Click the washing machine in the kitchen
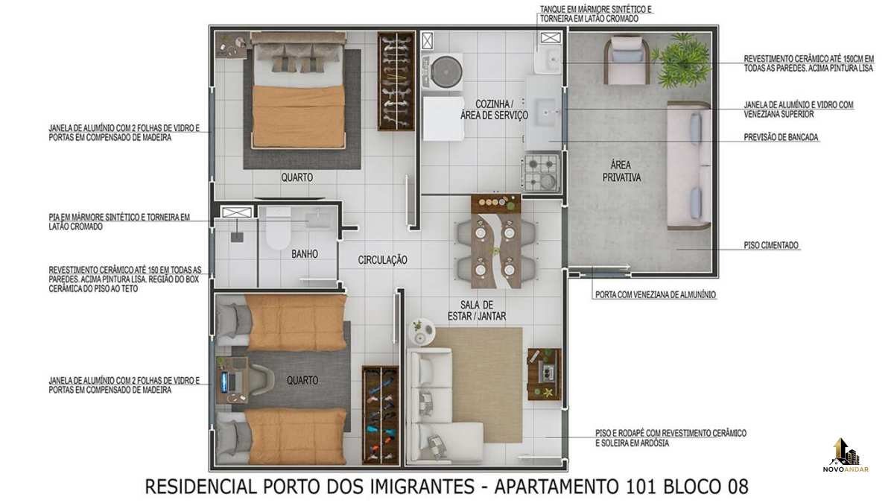[443, 72]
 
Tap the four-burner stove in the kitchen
[541, 172]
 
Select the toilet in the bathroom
[278, 229]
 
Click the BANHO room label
[305, 254]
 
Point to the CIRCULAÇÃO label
[382, 260]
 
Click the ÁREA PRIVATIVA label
[621, 171]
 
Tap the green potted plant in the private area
[683, 60]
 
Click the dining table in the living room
[496, 241]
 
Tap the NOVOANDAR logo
[846, 455]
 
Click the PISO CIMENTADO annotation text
[771, 245]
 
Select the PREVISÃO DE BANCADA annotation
[781, 137]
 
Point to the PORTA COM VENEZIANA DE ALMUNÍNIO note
[656, 295]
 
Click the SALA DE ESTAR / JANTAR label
[477, 311]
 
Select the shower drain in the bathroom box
[237, 237]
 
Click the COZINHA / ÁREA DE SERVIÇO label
[494, 110]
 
